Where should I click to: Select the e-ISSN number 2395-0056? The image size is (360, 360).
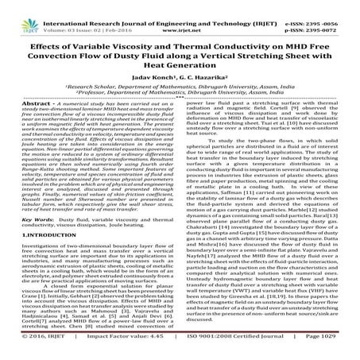tap(334, 6)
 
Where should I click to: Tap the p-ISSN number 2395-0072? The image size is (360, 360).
tap(334, 14)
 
